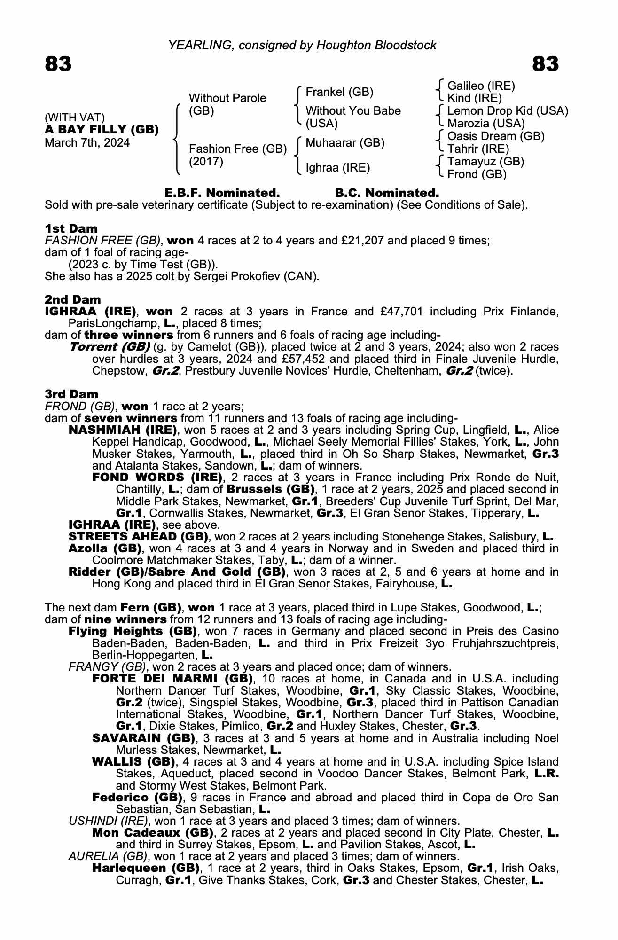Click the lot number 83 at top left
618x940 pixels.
[58, 64]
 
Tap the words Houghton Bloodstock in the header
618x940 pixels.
[376, 45]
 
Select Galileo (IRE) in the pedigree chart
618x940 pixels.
[481, 86]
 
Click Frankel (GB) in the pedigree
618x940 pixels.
[339, 92]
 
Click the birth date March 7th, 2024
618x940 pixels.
[87, 143]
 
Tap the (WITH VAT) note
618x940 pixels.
[75, 117]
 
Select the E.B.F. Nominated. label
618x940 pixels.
[222, 193]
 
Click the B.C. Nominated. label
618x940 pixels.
[387, 193]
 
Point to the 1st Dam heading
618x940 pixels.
[71, 229]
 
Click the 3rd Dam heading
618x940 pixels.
[71, 394]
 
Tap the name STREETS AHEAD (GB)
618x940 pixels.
[139, 537]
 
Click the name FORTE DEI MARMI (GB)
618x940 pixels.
[172, 679]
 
